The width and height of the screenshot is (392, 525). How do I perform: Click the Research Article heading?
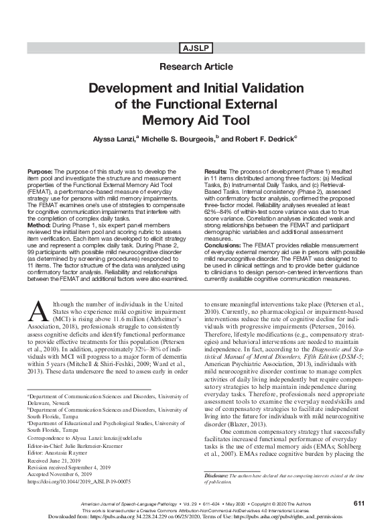pyautogui.click(x=196, y=67)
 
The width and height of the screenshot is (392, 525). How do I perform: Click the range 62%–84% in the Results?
pyautogui.click(x=220, y=213)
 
